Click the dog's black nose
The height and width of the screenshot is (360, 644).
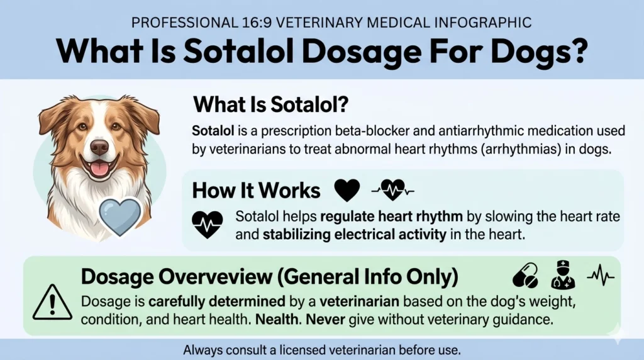99,147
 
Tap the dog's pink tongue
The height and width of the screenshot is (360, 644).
99,168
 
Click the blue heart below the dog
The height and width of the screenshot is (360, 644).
119,216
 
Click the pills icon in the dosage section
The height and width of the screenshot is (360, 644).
525,275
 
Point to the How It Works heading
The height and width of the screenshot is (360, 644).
256,190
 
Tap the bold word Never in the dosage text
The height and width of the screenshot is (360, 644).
330,319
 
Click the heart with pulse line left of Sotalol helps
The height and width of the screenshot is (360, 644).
208,224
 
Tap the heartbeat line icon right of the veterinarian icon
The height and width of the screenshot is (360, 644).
600,275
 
